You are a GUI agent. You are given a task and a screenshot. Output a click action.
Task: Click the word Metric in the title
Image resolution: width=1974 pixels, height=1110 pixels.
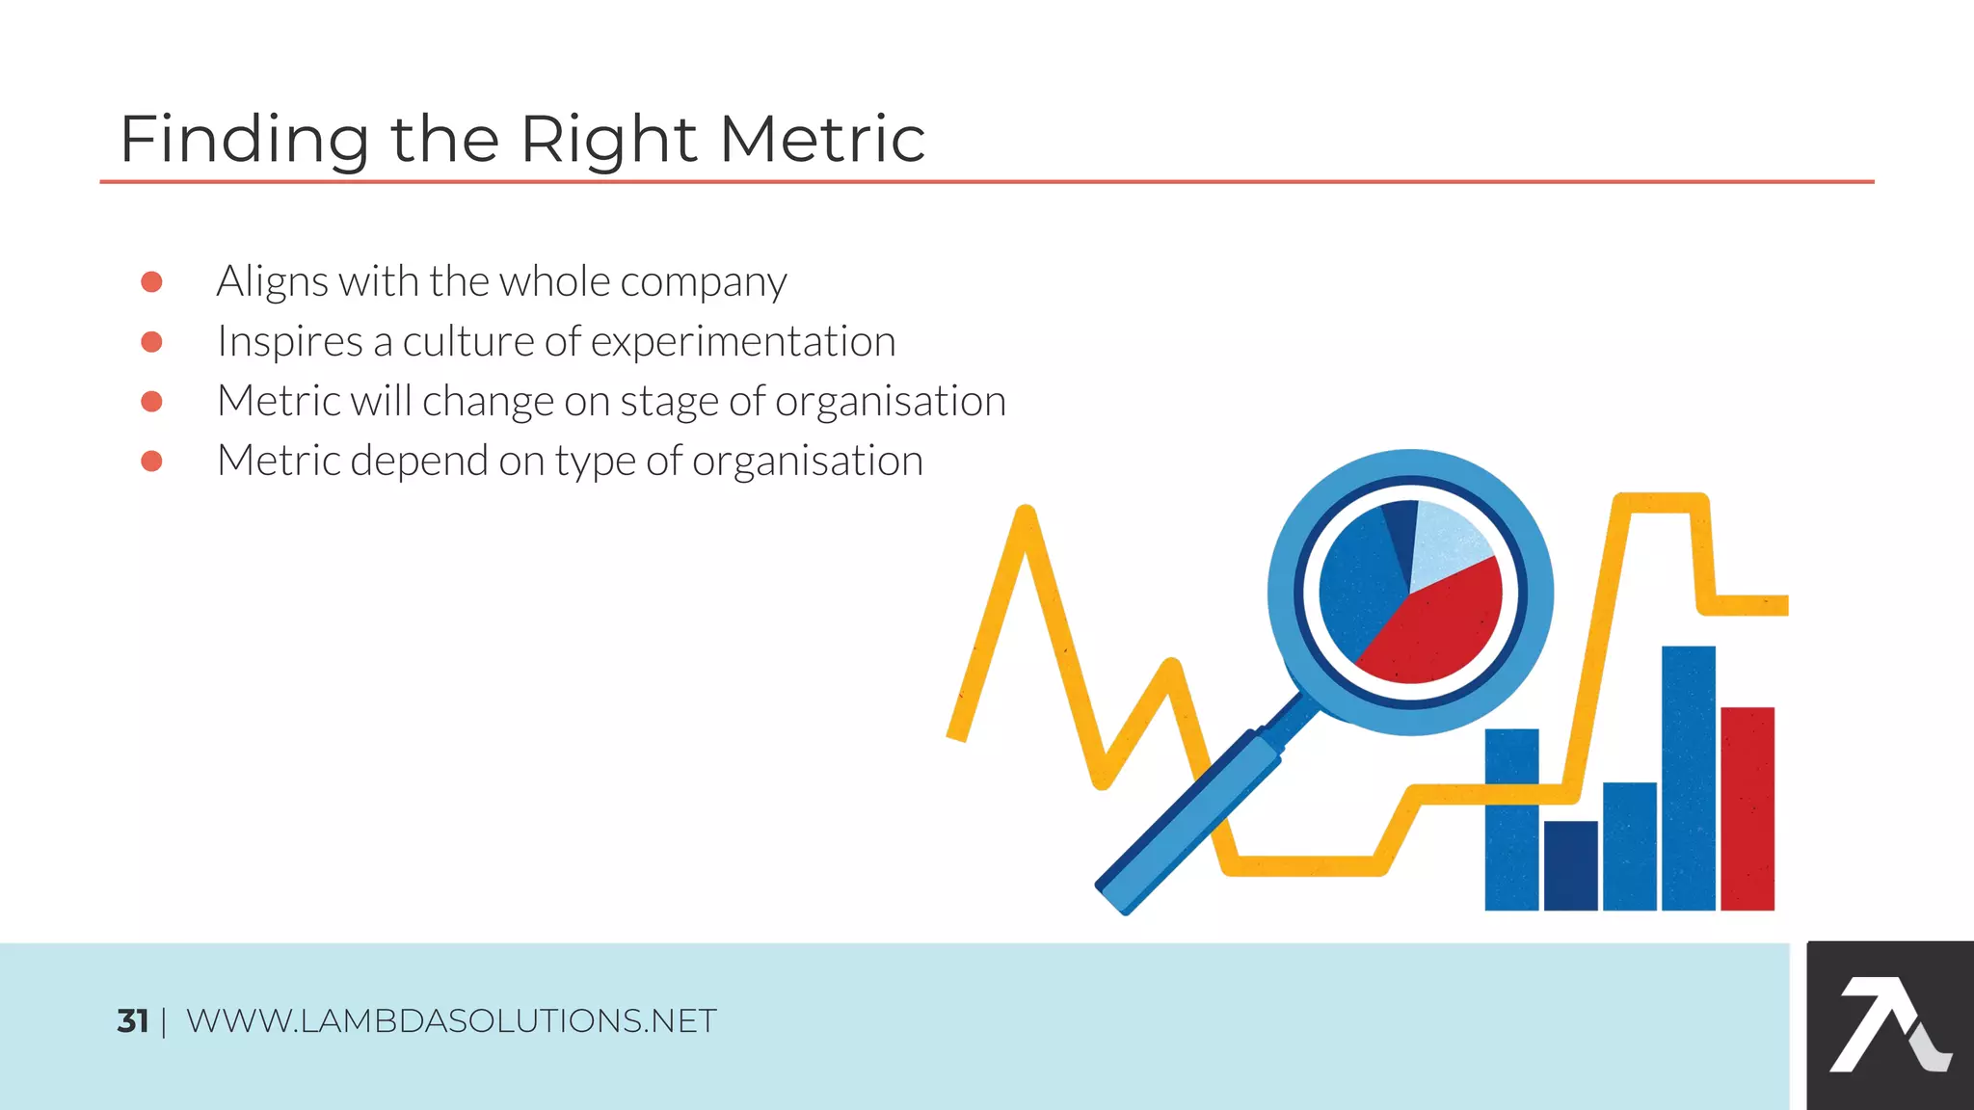pyautogui.click(x=821, y=139)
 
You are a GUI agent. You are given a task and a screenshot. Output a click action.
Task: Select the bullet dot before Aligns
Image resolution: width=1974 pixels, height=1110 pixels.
pyautogui.click(x=151, y=281)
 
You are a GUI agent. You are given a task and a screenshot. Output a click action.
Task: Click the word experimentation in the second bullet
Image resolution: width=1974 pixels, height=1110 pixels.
pyautogui.click(x=743, y=341)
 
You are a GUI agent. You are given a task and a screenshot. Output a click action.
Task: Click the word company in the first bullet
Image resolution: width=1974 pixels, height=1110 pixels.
pyautogui.click(x=704, y=283)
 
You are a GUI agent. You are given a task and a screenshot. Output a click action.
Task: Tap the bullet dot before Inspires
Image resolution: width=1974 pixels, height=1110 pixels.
pyautogui.click(x=151, y=342)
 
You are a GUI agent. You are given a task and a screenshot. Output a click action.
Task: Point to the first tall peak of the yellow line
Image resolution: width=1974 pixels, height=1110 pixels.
pyautogui.click(x=1026, y=520)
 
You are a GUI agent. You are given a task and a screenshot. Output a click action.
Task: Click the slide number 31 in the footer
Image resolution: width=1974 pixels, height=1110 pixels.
pyautogui.click(x=132, y=1020)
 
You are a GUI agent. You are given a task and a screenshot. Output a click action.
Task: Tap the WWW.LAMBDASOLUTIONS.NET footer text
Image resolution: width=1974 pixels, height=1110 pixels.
pyautogui.click(x=451, y=1020)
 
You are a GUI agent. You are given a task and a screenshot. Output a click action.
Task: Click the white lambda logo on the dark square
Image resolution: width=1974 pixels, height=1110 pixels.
pyautogui.click(x=1884, y=1025)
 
